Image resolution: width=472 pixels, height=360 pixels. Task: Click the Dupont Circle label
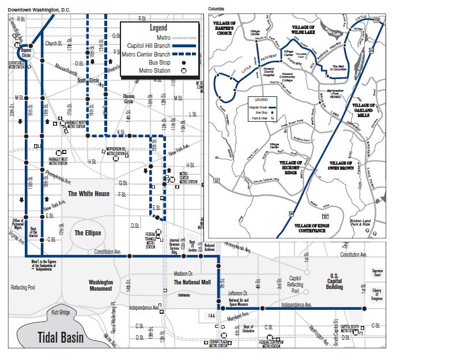click(x=26, y=52)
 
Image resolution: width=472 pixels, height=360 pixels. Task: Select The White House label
click(x=89, y=194)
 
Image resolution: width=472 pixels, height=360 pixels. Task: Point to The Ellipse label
click(x=88, y=232)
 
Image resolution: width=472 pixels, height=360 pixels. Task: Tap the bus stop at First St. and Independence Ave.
click(x=365, y=309)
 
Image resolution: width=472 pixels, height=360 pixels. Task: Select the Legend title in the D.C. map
click(x=158, y=28)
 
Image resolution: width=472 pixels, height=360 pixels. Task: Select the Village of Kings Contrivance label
click(x=317, y=227)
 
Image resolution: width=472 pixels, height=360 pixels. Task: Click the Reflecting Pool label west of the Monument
click(x=24, y=287)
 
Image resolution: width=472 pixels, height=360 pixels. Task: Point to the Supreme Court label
click(x=377, y=272)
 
